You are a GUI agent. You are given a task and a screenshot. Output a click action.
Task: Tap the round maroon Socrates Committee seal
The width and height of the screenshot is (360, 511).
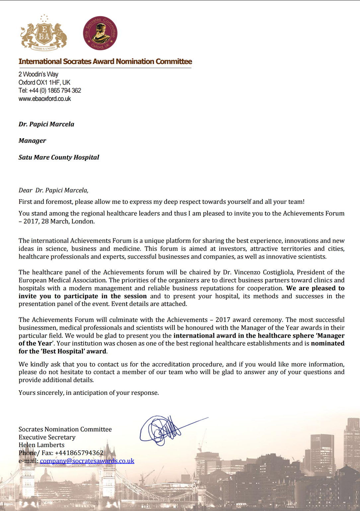(x=100, y=33)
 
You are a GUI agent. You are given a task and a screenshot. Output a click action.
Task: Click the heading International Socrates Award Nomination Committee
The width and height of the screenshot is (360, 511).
(x=105, y=62)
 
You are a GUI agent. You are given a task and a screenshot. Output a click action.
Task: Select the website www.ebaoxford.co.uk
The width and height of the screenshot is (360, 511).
(x=45, y=99)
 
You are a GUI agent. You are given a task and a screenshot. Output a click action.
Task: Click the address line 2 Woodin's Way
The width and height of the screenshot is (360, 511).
(x=38, y=74)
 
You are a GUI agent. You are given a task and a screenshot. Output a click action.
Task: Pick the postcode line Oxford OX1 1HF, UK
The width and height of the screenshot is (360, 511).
(x=44, y=83)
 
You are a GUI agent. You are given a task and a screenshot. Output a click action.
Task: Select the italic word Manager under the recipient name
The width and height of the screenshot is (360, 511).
(x=32, y=141)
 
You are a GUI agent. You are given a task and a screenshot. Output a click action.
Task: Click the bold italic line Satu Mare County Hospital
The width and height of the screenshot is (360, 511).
(x=59, y=157)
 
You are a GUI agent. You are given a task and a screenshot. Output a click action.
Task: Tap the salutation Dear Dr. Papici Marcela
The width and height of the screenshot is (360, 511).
(x=53, y=190)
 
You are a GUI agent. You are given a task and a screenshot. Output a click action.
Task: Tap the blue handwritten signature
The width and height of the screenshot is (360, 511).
(x=163, y=430)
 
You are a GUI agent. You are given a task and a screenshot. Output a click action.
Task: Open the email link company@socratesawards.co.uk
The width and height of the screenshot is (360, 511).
(x=87, y=461)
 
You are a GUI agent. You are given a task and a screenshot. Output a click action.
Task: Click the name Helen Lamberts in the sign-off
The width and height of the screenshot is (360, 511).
(x=41, y=445)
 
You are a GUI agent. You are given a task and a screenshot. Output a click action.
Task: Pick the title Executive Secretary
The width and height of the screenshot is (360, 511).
(x=47, y=437)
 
